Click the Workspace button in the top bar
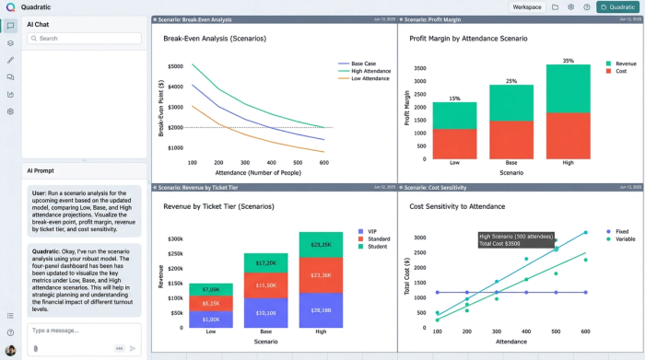pyautogui.click(x=527, y=6)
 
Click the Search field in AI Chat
pyautogui.click(x=84, y=39)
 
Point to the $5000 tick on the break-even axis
pyautogui.click(x=175, y=67)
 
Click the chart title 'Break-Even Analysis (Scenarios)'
pyautogui.click(x=214, y=39)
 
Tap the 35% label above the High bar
pyautogui.click(x=568, y=61)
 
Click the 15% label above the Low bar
pyautogui.click(x=454, y=99)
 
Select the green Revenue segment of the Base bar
pyautogui.click(x=511, y=103)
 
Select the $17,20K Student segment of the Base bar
pyautogui.click(x=265, y=263)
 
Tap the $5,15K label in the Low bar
pyautogui.click(x=210, y=303)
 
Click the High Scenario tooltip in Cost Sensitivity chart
pyautogui.click(x=515, y=238)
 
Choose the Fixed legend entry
pyautogui.click(x=621, y=232)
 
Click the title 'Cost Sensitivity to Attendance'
pyautogui.click(x=458, y=206)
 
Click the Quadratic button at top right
pyautogui.click(x=617, y=6)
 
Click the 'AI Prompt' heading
pyautogui.click(x=41, y=170)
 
